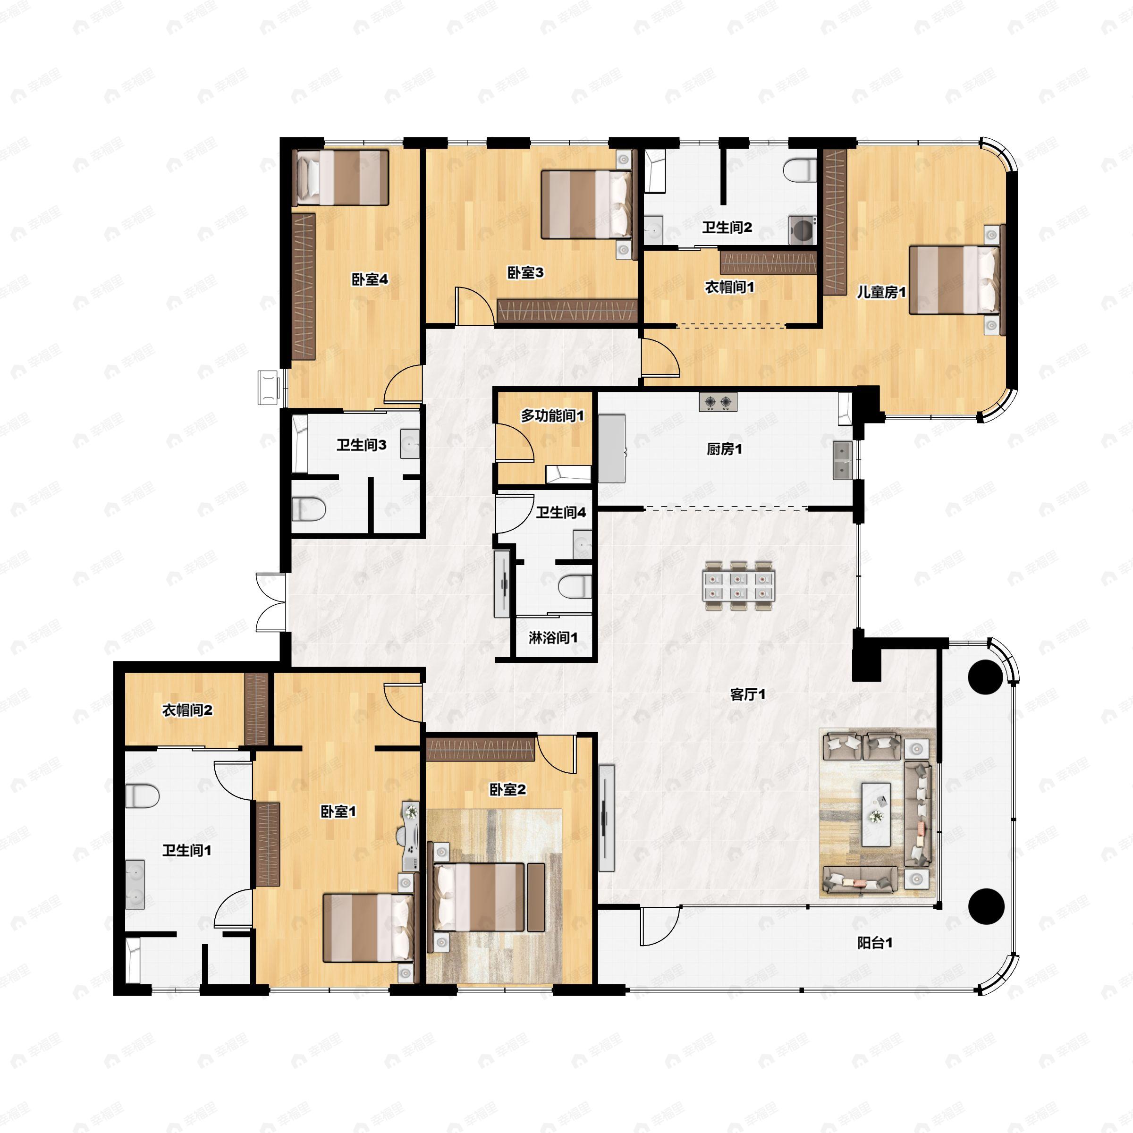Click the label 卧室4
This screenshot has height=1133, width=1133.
coord(370,280)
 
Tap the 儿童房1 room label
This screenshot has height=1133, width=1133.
coord(881,291)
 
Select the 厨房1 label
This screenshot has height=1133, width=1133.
coord(724,450)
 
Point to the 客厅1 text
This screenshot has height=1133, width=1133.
coord(748,694)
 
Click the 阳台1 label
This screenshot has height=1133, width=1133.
coord(875,943)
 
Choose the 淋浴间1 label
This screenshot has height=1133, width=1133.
coord(553,637)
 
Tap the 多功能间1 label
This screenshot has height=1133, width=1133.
coord(552,416)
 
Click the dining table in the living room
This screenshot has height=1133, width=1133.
coord(739,586)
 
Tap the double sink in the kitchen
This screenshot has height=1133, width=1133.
coord(843,461)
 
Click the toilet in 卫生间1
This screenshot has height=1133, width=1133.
coord(142,796)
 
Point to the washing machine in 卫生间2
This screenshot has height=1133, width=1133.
coord(802,229)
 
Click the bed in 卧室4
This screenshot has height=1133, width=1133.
coord(342,177)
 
